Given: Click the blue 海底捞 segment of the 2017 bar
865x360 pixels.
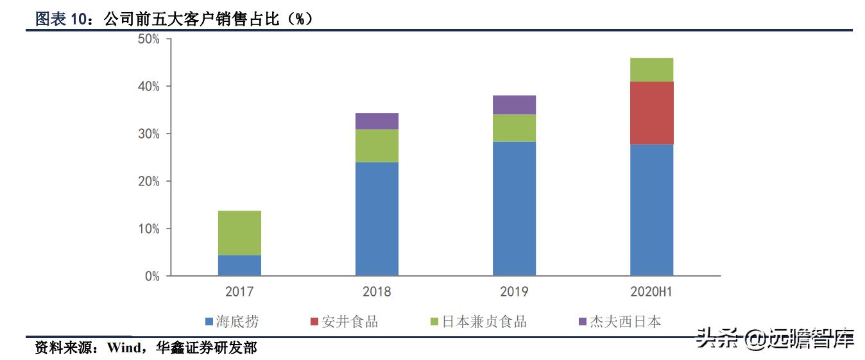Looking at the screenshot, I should click(239, 266).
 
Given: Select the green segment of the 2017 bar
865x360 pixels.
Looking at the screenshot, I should click(239, 233).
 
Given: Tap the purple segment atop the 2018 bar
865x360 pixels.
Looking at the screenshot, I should click(377, 121).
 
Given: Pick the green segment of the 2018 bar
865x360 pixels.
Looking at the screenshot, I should click(377, 146).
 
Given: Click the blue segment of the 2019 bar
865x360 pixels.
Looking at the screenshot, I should click(514, 209).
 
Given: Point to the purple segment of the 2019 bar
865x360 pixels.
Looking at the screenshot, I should click(514, 105).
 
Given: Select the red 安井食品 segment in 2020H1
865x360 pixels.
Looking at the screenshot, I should click(651, 113).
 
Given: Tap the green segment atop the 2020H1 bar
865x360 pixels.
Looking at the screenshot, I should click(651, 70).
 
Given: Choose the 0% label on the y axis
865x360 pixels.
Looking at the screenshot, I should click(151, 277).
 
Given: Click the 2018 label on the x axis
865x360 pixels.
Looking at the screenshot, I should click(377, 292).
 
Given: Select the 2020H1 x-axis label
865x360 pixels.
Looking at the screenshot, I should click(651, 292).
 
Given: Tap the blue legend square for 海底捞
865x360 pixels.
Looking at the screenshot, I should click(209, 321).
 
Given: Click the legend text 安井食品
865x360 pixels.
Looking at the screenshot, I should click(350, 321).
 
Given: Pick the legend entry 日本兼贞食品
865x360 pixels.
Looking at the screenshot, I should click(484, 321).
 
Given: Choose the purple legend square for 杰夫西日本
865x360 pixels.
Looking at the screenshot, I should click(583, 321).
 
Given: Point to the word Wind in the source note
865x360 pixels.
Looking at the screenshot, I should click(124, 348).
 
